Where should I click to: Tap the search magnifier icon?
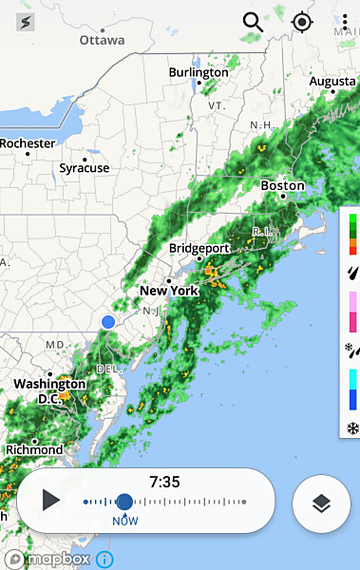click(253, 21)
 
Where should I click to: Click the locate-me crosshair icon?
click(302, 21)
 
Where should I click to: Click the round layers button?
click(321, 503)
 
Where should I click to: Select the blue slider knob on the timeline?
click(124, 502)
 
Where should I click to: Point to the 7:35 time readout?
click(164, 482)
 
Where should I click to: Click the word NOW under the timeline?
click(124, 522)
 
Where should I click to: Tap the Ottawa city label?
click(102, 40)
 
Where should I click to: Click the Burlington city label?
click(199, 72)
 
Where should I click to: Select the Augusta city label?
click(332, 82)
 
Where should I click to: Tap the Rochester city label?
click(28, 143)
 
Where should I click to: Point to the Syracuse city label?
click(85, 168)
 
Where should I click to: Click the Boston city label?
click(282, 185)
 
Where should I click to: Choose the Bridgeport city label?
click(199, 248)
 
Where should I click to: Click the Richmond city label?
click(34, 449)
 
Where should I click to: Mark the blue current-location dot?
click(108, 323)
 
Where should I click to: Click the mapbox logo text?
click(58, 560)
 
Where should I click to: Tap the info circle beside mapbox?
click(104, 560)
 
